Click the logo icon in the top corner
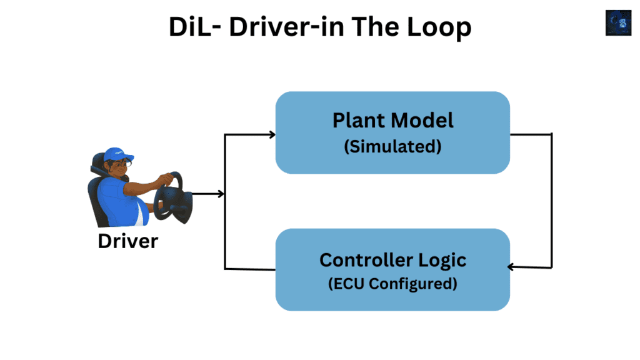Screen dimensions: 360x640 618,22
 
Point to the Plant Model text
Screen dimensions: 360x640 392,120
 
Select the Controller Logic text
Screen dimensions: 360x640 392,259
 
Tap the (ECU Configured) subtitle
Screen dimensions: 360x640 392,284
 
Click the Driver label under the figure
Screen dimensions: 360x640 128,241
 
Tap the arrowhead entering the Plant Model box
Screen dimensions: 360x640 271,134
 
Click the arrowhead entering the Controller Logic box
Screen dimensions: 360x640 511,267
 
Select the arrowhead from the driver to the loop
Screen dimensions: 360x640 220,194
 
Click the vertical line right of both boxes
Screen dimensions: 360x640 552,200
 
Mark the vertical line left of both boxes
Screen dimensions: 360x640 225,200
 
